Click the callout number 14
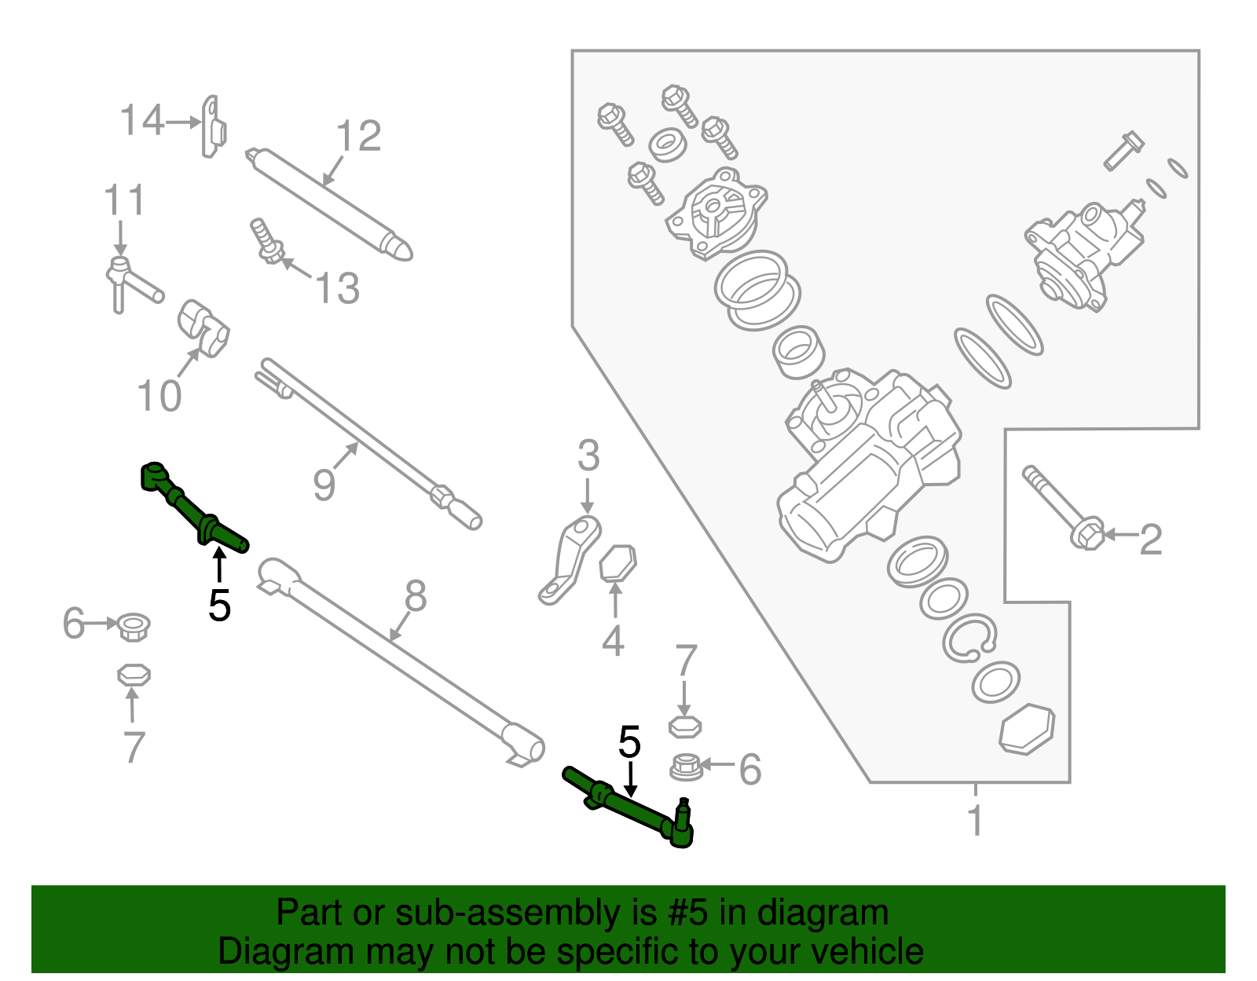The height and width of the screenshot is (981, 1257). click(x=142, y=121)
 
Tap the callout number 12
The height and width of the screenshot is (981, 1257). click(x=359, y=137)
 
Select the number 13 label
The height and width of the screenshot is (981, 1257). click(x=338, y=288)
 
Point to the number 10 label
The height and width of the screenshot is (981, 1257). click(x=159, y=395)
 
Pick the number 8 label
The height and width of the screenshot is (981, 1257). click(x=415, y=596)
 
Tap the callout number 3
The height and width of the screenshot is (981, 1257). click(x=588, y=456)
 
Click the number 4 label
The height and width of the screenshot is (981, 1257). click(x=613, y=641)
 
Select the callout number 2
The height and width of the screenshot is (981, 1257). click(x=1150, y=540)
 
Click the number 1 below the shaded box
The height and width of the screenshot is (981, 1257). click(x=975, y=821)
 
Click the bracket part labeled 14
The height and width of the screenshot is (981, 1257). click(x=213, y=127)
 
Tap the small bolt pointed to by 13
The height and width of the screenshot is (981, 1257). click(x=266, y=241)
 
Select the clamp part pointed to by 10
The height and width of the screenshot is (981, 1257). click(x=203, y=328)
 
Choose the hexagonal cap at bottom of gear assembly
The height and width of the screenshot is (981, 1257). click(x=1027, y=729)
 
